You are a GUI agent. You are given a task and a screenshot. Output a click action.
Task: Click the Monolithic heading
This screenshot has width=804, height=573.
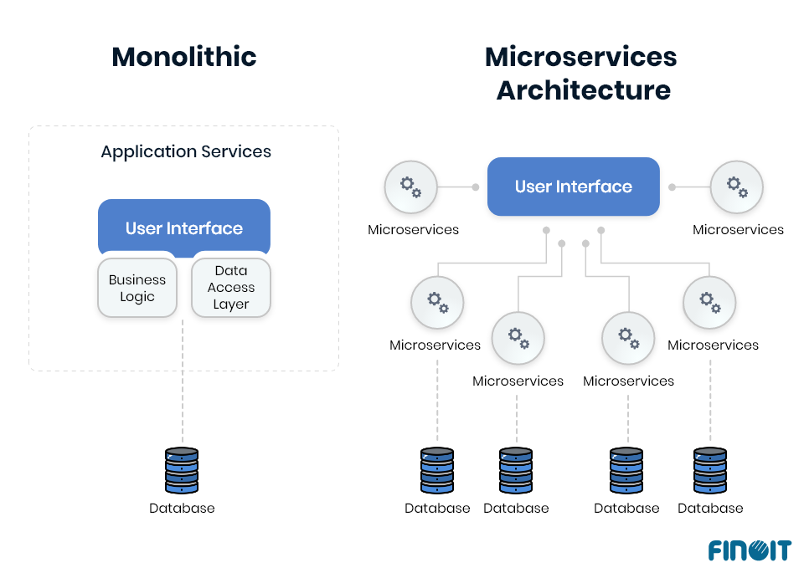183,57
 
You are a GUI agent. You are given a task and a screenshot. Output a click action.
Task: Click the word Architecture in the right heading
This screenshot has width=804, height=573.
583,90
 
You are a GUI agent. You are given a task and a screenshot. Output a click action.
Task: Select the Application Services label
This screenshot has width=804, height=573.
186,151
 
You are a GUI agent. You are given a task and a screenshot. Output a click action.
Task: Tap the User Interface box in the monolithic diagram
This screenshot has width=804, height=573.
183,228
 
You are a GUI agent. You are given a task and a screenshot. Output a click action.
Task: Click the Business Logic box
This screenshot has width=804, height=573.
137,289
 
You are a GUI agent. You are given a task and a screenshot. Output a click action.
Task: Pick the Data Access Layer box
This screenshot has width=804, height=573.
231,288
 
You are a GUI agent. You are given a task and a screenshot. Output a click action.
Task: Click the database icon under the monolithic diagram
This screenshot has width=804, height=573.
182,470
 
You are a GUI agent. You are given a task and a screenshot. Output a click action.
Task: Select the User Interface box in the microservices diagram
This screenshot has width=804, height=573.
573,187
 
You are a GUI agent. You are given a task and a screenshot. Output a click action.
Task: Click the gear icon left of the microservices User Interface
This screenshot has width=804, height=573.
410,187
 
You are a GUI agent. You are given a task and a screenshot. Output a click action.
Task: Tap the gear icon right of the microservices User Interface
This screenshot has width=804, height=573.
736,187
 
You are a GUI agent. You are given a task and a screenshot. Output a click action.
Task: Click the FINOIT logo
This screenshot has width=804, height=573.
749,550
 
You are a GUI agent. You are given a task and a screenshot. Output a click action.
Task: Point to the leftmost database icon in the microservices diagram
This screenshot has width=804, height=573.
436,470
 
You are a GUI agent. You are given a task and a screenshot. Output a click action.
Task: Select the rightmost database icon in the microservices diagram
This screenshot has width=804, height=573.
710,470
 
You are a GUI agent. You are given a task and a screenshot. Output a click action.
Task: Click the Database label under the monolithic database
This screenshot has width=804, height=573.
182,508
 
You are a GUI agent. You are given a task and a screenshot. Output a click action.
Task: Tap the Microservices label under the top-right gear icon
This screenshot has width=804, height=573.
738,229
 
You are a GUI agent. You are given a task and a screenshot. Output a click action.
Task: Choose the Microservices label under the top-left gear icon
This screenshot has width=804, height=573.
413,229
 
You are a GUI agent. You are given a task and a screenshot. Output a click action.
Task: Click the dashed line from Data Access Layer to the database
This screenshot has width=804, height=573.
182,376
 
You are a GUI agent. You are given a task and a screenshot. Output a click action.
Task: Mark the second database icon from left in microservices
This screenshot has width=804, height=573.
516,470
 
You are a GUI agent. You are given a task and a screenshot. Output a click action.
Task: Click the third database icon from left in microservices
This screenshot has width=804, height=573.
626,470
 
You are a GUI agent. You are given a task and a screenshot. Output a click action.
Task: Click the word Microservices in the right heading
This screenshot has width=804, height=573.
580,57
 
